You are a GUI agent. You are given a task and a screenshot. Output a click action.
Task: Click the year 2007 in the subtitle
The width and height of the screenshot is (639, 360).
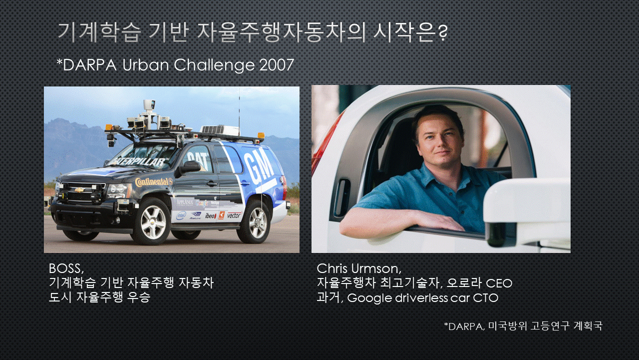click(277, 65)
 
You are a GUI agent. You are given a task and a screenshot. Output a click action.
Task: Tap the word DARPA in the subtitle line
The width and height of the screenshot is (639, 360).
click(89, 65)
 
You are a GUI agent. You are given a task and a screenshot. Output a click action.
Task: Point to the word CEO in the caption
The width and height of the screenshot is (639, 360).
click(499, 283)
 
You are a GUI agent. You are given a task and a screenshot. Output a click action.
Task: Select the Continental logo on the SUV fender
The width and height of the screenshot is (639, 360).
click(154, 181)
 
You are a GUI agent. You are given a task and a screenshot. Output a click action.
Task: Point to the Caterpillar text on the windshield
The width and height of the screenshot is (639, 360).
click(140, 161)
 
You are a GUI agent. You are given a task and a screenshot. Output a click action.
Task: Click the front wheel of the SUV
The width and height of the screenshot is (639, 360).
click(152, 221)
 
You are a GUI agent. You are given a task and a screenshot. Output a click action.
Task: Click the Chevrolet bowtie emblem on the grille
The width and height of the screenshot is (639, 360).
click(79, 190)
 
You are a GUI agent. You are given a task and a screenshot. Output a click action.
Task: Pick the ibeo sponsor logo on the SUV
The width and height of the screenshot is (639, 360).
click(211, 215)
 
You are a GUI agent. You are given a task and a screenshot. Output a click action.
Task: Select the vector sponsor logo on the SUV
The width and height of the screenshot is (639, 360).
click(235, 215)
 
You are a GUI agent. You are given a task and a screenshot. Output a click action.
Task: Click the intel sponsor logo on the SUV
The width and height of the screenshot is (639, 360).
click(181, 215)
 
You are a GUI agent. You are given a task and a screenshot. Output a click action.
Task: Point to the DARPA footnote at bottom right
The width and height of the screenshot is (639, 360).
click(524, 326)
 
